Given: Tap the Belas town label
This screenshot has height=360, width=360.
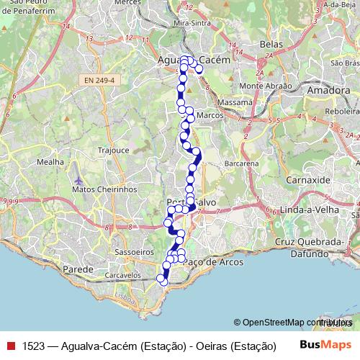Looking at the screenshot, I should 270,44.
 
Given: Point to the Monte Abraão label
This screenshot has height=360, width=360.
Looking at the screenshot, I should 266,86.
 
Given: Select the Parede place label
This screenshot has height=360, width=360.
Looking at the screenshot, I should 79,269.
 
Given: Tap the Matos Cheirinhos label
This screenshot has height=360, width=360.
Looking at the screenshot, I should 104,189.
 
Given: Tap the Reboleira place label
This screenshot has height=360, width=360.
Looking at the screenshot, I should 341,112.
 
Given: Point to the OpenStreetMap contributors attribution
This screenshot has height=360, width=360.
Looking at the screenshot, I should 295,323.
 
